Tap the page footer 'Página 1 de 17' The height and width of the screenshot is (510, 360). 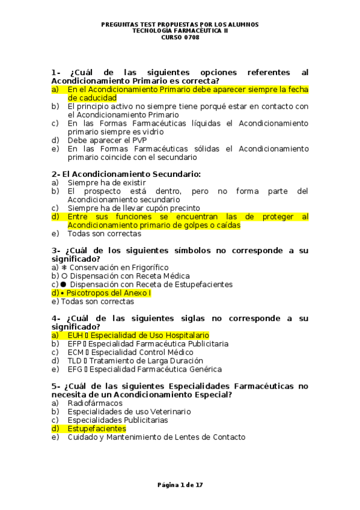point(180,485)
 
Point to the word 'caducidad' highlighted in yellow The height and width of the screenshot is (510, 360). point(92,98)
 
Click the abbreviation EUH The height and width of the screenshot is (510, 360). point(75,335)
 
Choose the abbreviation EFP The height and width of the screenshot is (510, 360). point(75,343)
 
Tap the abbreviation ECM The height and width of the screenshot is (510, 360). point(75,352)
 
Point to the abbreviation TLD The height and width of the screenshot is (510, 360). point(75,360)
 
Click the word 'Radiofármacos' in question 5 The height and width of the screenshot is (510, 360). point(95,403)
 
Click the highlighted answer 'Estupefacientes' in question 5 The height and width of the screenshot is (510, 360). point(96,429)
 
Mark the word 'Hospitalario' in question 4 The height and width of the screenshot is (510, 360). point(186,335)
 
